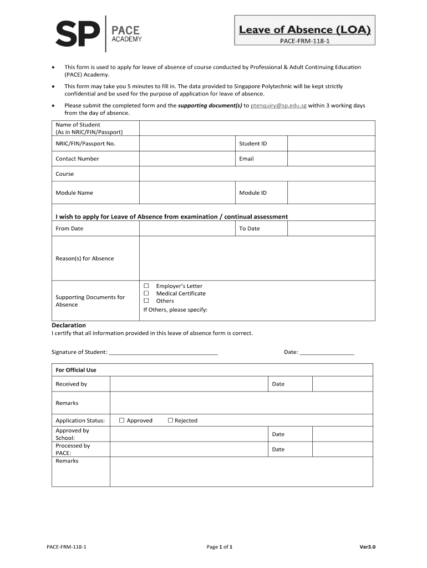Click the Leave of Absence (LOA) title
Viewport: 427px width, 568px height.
[304, 29]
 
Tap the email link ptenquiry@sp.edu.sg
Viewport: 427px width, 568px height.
[278, 105]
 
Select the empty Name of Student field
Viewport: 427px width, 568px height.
[257, 128]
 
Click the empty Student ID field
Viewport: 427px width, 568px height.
[331, 144]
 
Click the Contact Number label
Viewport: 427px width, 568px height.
[77, 159]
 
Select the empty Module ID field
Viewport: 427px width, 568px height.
[331, 193]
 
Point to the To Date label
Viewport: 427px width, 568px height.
[249, 229]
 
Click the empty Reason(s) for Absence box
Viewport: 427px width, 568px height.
[257, 258]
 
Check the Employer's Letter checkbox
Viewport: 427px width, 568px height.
[147, 286]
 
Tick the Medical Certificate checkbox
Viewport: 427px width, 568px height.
[147, 293]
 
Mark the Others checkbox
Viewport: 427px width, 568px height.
[147, 301]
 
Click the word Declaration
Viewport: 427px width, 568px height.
[69, 325]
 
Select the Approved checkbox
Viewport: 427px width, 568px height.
[122, 420]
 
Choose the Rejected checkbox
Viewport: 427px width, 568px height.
[170, 420]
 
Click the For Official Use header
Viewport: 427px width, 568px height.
[76, 370]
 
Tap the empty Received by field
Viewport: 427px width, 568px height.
[189, 384]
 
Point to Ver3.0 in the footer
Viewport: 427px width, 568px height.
[367, 547]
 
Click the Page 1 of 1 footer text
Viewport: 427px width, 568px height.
[219, 547]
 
